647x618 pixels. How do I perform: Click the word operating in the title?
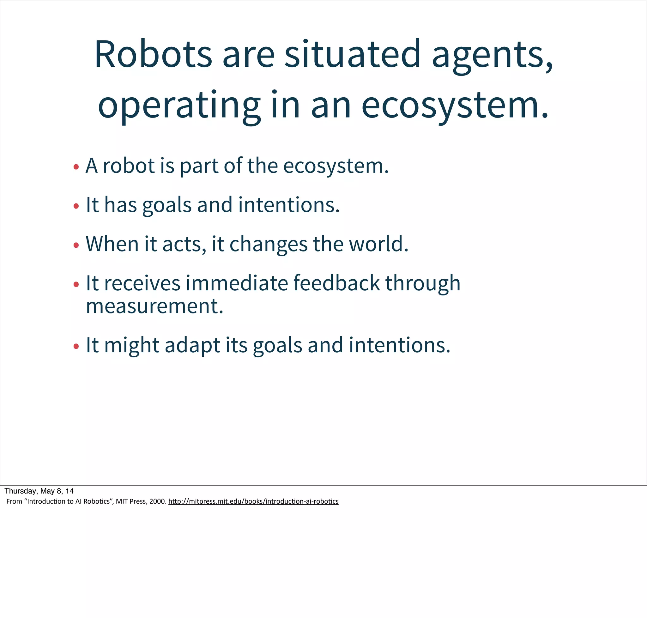pyautogui.click(x=179, y=106)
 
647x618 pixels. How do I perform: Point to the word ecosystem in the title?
pyautogui.click(x=454, y=106)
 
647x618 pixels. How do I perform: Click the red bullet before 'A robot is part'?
pyautogui.click(x=76, y=167)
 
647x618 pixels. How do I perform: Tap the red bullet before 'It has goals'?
pyautogui.click(x=76, y=206)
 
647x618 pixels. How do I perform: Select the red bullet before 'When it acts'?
pyautogui.click(x=76, y=245)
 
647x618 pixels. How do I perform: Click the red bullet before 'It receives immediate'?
pyautogui.click(x=76, y=284)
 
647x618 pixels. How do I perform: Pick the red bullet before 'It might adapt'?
pyautogui.click(x=76, y=346)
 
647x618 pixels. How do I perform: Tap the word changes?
pyautogui.click(x=268, y=245)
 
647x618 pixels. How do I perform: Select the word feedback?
pyautogui.click(x=336, y=283)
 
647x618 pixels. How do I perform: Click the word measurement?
pyautogui.click(x=154, y=306)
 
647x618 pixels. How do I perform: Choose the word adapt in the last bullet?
pyautogui.click(x=192, y=346)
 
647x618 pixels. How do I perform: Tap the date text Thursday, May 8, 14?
pyautogui.click(x=39, y=491)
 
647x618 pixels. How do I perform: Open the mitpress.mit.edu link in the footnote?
pyautogui.click(x=253, y=501)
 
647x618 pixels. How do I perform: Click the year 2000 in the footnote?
pyautogui.click(x=157, y=501)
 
